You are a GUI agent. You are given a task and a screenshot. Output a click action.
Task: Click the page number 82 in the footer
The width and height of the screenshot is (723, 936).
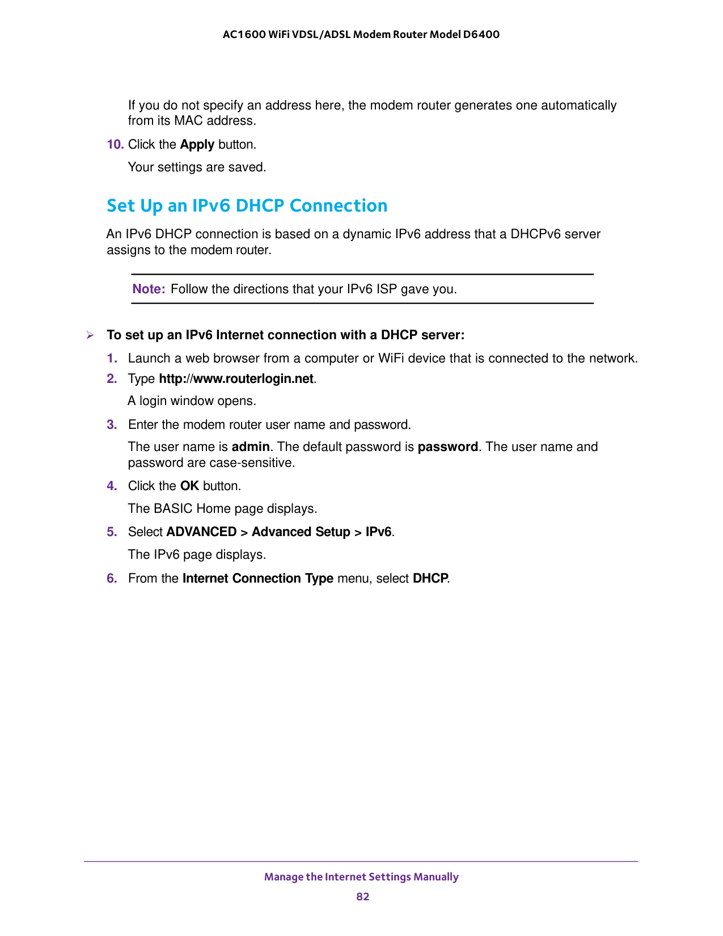(362, 896)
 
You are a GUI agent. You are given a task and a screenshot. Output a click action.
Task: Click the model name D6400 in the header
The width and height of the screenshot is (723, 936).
(481, 35)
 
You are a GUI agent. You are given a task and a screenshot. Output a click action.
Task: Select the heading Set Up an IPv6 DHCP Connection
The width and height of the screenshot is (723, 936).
(247, 205)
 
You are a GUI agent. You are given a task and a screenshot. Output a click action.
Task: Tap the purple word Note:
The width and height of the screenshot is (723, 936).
(149, 289)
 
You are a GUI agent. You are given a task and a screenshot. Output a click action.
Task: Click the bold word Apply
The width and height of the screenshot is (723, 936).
(197, 145)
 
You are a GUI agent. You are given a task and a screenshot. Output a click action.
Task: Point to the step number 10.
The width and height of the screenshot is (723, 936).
(115, 145)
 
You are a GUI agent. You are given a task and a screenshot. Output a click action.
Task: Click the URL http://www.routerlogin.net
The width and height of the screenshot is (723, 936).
(236, 379)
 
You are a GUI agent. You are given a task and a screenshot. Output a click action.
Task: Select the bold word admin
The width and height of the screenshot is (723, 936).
(251, 447)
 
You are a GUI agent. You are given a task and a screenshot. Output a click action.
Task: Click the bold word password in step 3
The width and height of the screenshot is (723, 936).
(447, 447)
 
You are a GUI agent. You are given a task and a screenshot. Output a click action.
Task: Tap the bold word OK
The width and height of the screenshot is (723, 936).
(189, 486)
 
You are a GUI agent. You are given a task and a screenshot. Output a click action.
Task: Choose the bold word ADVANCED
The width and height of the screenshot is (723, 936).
(201, 532)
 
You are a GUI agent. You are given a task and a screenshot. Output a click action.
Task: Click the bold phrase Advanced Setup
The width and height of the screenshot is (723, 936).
(301, 532)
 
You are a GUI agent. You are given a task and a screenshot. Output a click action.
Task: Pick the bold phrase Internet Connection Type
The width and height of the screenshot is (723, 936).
(257, 579)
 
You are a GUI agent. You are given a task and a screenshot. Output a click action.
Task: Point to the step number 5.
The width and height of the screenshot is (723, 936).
(112, 532)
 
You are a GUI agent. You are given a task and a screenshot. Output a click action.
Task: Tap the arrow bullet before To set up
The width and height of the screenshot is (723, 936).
(90, 335)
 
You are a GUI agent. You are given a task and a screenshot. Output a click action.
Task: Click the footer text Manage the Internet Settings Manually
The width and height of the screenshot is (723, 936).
(361, 877)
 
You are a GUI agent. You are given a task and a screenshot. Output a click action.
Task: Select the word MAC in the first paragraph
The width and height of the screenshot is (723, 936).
(187, 121)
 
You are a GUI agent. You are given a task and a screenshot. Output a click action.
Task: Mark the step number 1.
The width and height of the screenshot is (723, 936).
(112, 359)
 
